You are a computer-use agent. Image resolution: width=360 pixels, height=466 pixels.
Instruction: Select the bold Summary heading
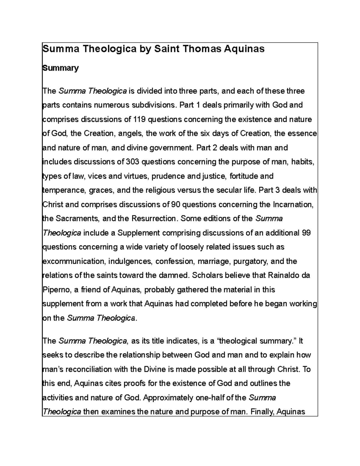(61, 68)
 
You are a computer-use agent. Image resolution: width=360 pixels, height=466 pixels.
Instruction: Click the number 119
(139, 119)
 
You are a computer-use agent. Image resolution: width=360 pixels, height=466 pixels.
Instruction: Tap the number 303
(132, 162)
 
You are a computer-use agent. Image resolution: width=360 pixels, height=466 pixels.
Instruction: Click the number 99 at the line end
(306, 233)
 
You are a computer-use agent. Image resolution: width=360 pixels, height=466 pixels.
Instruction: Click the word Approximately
(168, 398)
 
